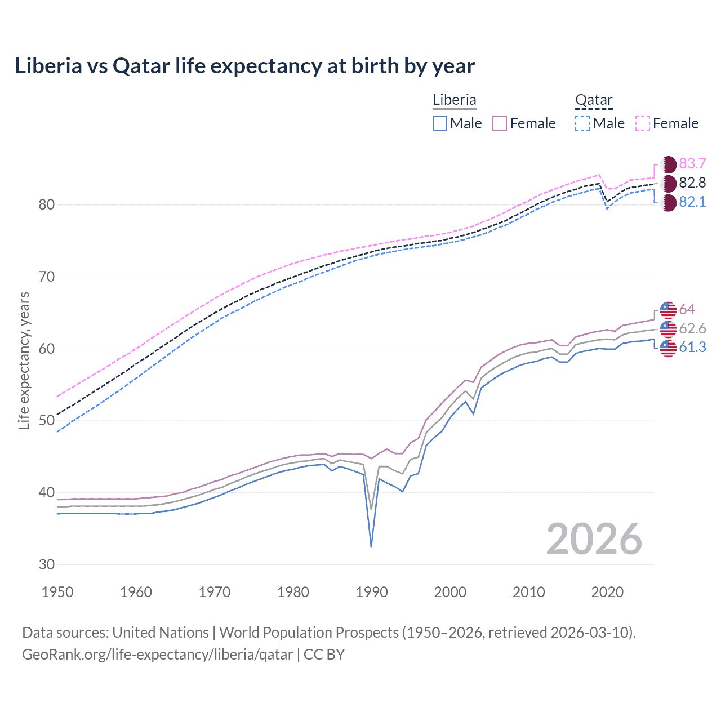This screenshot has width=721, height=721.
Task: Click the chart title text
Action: (244, 66)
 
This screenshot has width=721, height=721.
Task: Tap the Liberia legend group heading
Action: (454, 100)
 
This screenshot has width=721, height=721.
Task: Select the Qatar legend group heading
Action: (593, 100)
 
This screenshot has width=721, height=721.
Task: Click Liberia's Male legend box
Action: (440, 123)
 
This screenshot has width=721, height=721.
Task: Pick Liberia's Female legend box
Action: (500, 123)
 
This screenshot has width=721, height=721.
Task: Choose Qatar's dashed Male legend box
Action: (582, 123)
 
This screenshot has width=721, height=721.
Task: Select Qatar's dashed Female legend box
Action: (643, 123)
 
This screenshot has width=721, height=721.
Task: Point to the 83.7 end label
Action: (692, 164)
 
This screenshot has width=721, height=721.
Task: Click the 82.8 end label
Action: (692, 183)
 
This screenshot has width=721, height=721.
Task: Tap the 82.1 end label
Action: (692, 202)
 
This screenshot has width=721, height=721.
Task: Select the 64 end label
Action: (687, 309)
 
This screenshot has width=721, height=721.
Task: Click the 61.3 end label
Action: (692, 348)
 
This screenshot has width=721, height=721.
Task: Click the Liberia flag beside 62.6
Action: (668, 328)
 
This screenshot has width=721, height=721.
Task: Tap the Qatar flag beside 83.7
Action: (668, 164)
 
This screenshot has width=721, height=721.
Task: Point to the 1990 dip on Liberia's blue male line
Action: (371, 545)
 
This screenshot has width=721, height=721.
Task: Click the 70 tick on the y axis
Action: (47, 277)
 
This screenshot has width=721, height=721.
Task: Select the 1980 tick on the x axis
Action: (293, 592)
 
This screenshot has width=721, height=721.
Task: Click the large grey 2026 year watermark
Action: (594, 539)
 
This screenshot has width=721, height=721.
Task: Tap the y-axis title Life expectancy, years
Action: (24, 360)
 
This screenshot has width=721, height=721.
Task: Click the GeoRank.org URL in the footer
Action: (157, 655)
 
